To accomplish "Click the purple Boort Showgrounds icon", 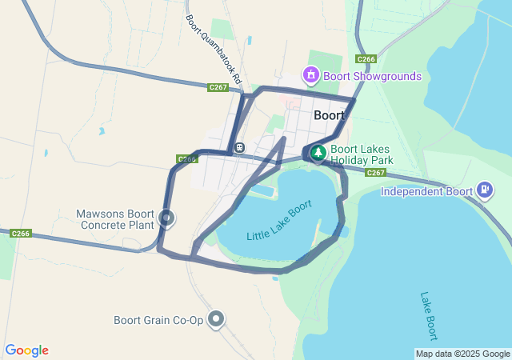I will [310, 76].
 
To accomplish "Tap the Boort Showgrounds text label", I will [372, 77].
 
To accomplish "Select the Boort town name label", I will [329, 115].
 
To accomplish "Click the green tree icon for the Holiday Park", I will [318, 152].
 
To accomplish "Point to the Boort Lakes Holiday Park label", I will [362, 154].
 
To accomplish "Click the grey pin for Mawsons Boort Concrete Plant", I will [166, 217].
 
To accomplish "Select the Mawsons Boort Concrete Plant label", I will [117, 219].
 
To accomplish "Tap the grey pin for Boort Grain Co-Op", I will [216, 319].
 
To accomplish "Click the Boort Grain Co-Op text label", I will [158, 320].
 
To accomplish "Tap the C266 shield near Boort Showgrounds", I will [366, 59].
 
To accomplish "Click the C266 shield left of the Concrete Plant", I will [21, 234].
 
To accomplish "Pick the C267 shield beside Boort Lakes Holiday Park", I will [376, 173].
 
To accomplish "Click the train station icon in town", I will [239, 147].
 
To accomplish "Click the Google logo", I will [27, 350].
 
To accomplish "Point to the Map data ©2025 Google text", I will [462, 354].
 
